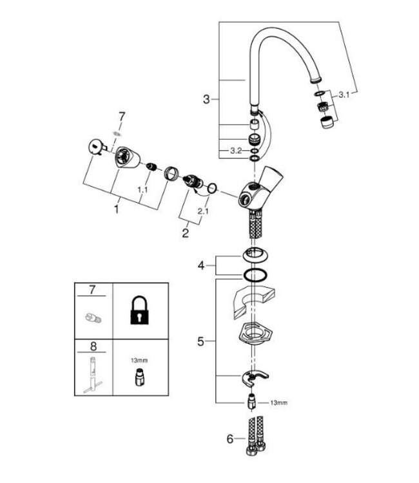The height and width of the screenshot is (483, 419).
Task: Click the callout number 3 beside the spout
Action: (x=206, y=99)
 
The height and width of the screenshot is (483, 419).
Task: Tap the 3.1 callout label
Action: (x=344, y=95)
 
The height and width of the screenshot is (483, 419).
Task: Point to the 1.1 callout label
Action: (x=142, y=191)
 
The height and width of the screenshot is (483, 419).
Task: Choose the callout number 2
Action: (x=185, y=233)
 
